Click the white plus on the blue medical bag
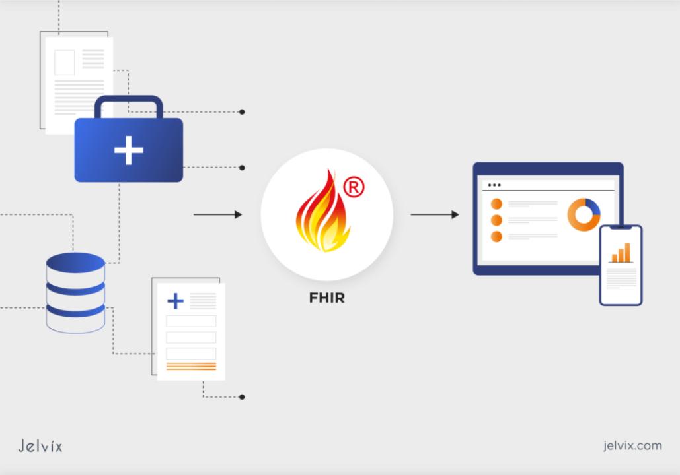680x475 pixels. (x=128, y=151)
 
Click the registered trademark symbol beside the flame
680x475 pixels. (x=354, y=188)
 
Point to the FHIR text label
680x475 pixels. (x=326, y=298)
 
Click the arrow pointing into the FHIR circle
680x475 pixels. (x=217, y=214)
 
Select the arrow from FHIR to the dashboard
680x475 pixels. (x=434, y=214)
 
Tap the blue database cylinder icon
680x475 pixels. (x=75, y=291)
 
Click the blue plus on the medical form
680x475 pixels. (x=175, y=301)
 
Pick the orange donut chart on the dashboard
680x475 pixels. (x=584, y=214)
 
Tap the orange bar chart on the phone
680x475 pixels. (x=621, y=253)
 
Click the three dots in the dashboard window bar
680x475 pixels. (x=494, y=185)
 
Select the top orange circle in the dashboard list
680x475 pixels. (x=496, y=204)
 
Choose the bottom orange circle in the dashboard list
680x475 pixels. (x=496, y=236)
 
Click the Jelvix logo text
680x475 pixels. (x=40, y=446)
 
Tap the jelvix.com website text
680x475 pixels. (x=632, y=445)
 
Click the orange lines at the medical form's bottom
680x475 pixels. (x=191, y=366)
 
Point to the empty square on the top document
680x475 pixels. (x=64, y=62)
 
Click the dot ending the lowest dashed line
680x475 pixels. (x=242, y=397)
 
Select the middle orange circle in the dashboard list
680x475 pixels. (x=496, y=220)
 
